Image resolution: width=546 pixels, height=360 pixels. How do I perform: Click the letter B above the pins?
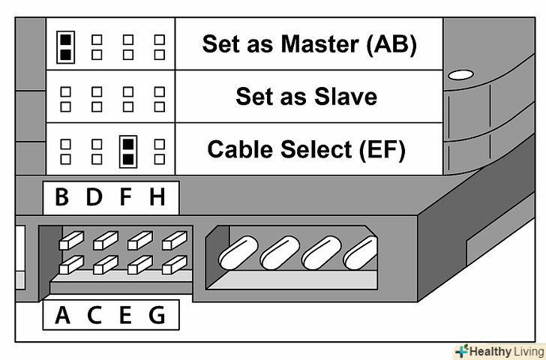[x=62, y=198]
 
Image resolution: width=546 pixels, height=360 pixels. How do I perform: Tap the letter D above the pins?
[x=94, y=198]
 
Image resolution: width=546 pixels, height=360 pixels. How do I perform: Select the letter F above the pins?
[x=125, y=198]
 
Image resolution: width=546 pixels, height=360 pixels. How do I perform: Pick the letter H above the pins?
[x=157, y=198]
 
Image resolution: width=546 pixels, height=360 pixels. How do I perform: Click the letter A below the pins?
[x=62, y=315]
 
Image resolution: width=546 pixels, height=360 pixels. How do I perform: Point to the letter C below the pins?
[x=94, y=315]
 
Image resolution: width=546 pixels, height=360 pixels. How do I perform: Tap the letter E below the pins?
[x=125, y=315]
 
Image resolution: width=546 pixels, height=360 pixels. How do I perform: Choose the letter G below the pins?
[x=157, y=315]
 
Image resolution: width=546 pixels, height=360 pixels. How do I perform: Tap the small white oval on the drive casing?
[x=460, y=75]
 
